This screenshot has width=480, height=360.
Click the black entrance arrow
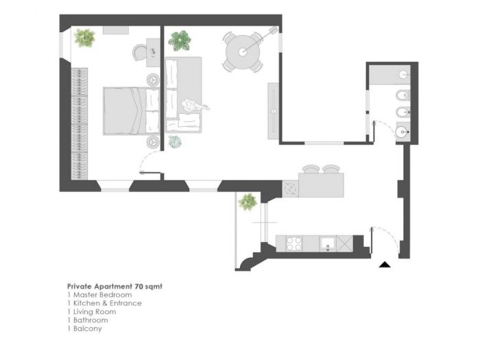pos(385,263)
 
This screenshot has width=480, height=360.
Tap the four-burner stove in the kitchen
pos(295,243)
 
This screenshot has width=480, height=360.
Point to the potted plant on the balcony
pos(247,202)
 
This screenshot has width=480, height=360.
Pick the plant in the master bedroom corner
pos(85,38)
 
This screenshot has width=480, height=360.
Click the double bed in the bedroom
pos(130,110)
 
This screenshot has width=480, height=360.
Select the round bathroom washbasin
pos(403,130)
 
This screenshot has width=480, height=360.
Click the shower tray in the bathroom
pos(389,73)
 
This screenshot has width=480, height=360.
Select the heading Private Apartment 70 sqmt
pos(115,286)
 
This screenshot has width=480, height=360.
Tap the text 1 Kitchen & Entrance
pos(104,302)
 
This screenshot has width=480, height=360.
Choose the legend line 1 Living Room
pos(94,311)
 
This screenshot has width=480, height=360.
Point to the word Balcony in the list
pos(86,328)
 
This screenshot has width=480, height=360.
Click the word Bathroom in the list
pos(89,320)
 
